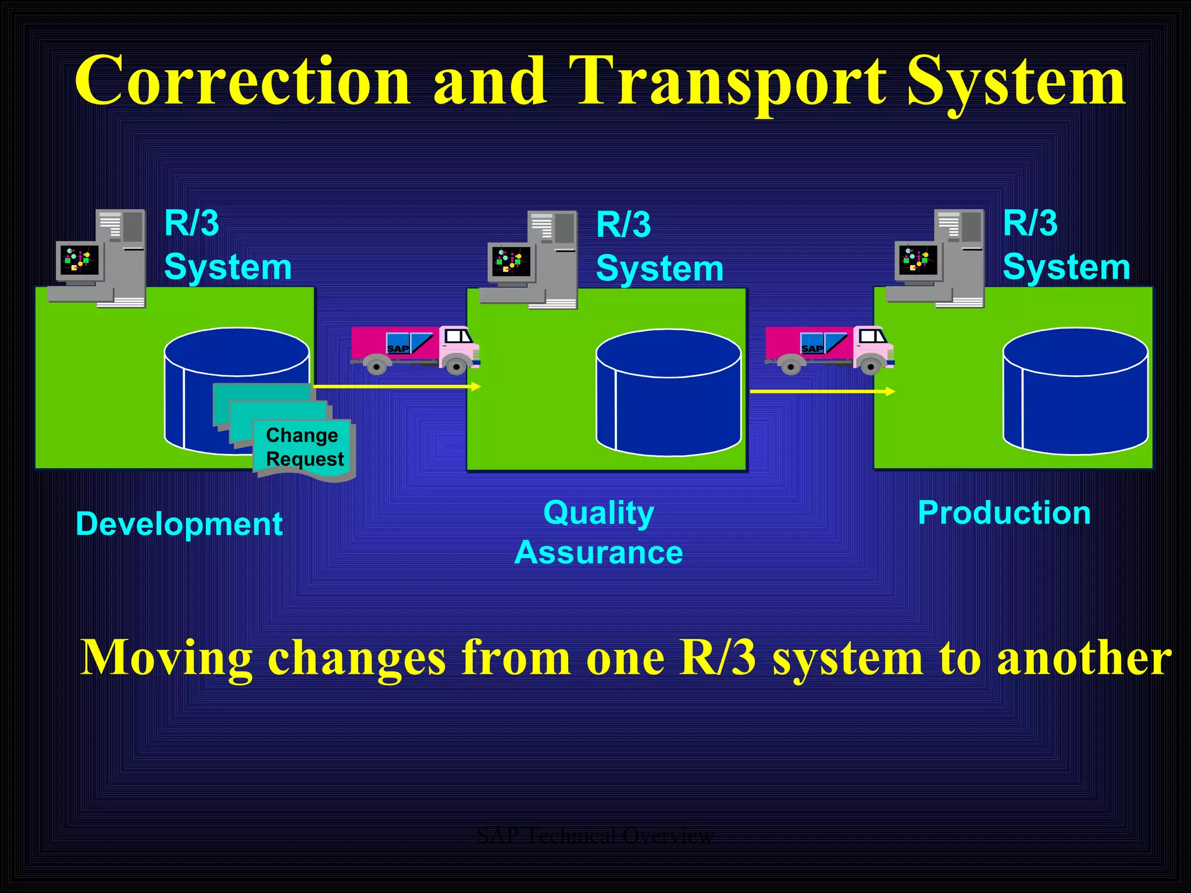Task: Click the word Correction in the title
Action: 243,81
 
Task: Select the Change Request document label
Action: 304,447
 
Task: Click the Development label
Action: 179,524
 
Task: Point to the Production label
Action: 1004,513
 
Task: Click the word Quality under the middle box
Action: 598,513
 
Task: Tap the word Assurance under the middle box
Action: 598,552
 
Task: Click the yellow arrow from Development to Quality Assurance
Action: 395,386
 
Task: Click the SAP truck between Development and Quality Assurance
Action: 414,349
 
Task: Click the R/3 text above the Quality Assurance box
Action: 623,225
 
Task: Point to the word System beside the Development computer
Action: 227,267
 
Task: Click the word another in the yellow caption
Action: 1084,658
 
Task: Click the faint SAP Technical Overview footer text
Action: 594,835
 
